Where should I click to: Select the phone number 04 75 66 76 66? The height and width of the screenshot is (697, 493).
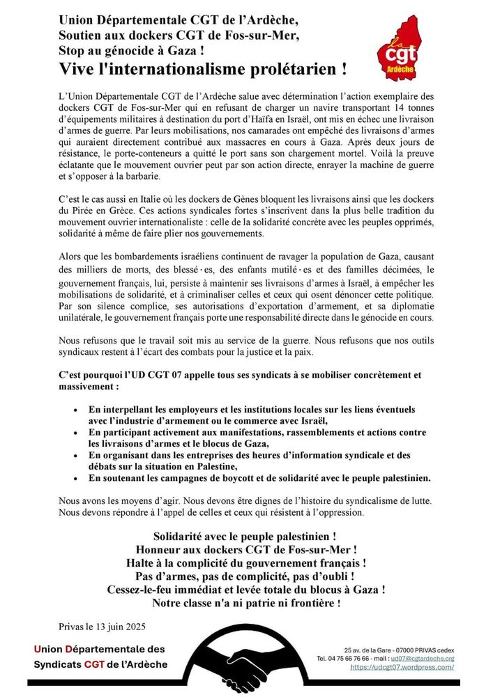point(367,658)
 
